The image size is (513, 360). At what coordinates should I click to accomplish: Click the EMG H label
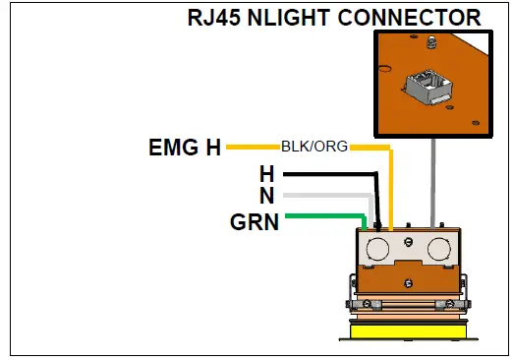[185, 149]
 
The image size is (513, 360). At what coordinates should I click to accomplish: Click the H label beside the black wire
[266, 174]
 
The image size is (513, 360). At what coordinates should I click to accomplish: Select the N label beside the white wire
[266, 196]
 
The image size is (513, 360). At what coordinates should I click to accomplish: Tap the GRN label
[255, 221]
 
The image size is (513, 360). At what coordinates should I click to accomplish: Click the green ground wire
[324, 217]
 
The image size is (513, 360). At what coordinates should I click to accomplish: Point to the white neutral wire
[324, 196]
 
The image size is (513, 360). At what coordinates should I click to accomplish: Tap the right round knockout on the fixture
[437, 247]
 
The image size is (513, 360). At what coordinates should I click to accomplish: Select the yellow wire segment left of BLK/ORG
[254, 148]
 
